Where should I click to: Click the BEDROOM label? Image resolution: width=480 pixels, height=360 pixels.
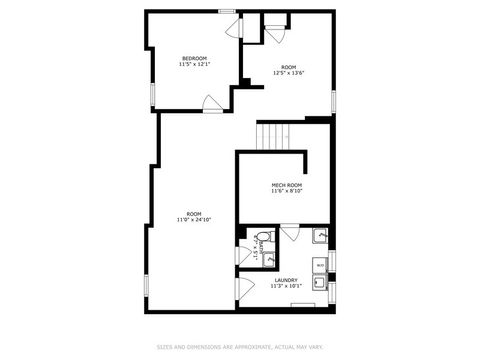click(194, 58)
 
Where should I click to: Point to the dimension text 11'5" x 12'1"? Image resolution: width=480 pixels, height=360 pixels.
click(194, 65)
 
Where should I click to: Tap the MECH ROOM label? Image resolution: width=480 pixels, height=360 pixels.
click(287, 185)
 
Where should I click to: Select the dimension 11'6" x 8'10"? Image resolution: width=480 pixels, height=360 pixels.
click(287, 192)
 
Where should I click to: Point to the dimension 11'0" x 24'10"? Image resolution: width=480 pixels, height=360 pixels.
click(194, 219)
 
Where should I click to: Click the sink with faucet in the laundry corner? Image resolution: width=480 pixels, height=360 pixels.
click(319, 237)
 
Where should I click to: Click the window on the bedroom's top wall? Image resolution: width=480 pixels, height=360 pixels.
click(228, 11)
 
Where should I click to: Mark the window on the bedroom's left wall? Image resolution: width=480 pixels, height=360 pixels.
click(152, 94)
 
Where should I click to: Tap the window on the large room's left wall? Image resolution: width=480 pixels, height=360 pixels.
click(146, 285)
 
